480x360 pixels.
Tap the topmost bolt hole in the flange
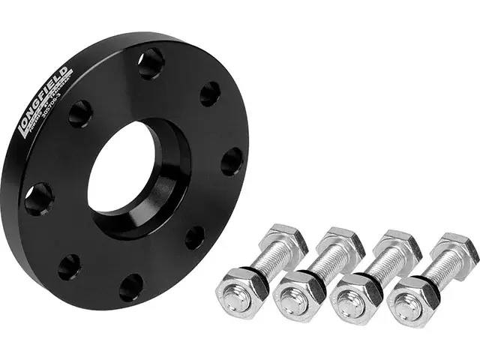coord(151,62)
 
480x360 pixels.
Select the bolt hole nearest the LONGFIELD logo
coord(79,112)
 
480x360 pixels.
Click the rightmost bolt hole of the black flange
coord(232,161)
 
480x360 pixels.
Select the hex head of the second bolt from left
coord(341,241)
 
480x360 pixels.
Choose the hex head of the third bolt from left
coord(398,244)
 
